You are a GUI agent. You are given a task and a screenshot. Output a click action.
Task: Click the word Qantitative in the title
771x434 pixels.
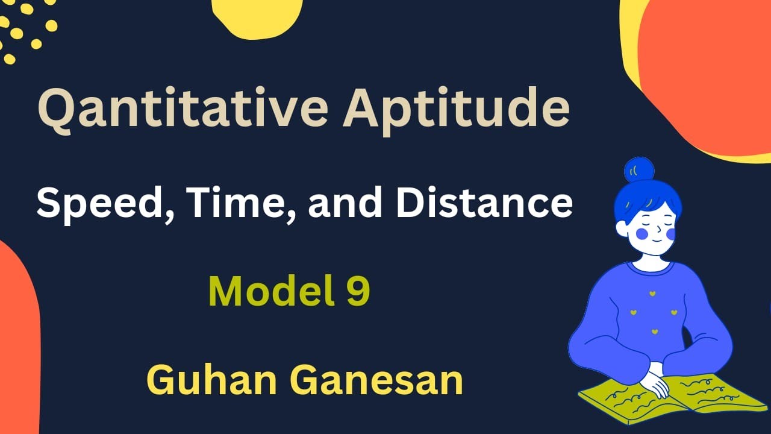[181, 108]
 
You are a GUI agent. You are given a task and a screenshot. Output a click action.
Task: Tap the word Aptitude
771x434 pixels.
[456, 108]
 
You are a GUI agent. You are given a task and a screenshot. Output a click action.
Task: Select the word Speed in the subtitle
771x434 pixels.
[96, 204]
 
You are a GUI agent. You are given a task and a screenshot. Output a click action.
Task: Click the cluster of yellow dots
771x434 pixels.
[27, 30]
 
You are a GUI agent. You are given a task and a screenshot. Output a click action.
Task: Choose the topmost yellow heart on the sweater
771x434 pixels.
[652, 293]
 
